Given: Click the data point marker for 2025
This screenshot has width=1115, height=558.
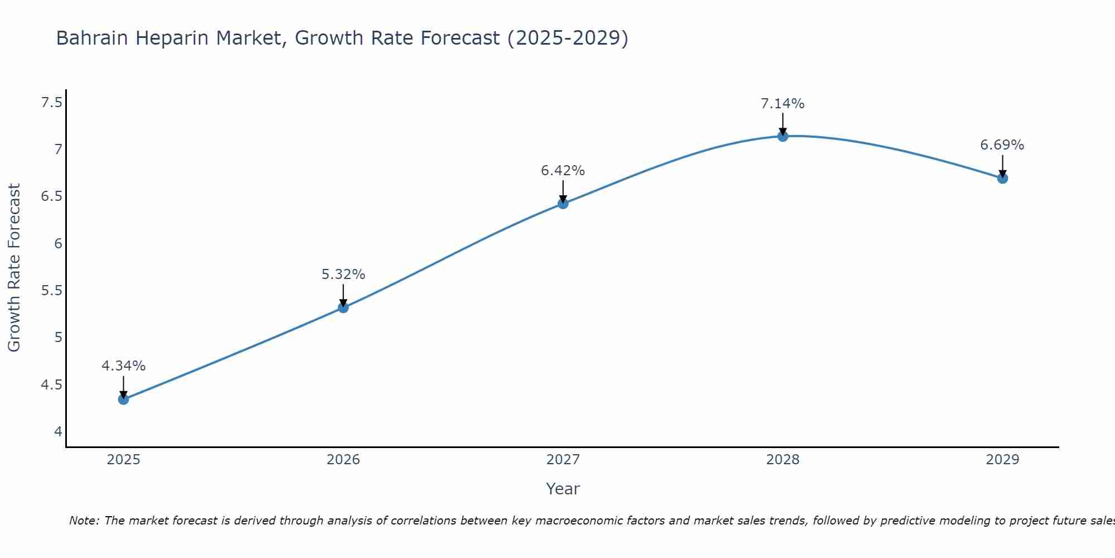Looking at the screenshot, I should pos(124,399).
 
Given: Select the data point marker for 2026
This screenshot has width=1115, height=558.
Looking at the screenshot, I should pos(343,307).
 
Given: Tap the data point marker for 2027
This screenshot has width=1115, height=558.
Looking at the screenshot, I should pos(563,204).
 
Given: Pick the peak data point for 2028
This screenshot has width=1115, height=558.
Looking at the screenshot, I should pos(783,136).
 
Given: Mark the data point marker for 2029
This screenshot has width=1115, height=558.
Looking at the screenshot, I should pos(1002,179).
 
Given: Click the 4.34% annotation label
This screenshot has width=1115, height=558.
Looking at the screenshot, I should pos(124,366).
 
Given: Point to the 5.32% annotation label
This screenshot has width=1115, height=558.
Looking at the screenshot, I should pos(343,275).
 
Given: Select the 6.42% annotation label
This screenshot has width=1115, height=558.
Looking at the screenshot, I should pos(563,171).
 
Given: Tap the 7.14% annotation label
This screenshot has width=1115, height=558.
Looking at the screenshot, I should pos(783,104).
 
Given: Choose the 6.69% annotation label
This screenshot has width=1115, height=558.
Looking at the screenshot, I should pos(1002,145).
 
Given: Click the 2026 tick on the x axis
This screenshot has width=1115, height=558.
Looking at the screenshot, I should pos(343,460).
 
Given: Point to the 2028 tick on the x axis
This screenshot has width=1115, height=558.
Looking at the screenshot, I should pos(783,460).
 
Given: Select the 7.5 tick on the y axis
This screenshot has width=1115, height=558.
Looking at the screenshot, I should pos(52,103).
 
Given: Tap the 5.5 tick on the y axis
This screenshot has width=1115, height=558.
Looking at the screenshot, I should pos(52,291).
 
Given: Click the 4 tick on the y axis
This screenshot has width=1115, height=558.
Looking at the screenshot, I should pos(58,431).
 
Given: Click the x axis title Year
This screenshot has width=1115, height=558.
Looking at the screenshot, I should pos(563,489).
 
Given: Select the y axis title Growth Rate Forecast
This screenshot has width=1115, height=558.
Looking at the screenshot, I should pos(14,267).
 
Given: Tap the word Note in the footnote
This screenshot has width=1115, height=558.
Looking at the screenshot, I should pos(84,521).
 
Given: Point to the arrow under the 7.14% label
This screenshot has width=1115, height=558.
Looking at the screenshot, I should pos(783,124).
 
